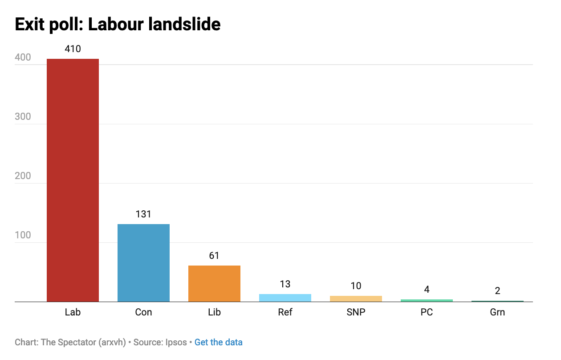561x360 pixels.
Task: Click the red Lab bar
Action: point(73,180)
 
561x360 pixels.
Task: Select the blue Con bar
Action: point(143,263)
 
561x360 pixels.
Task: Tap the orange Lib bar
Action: point(214,283)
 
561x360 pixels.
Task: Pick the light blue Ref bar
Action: point(285,298)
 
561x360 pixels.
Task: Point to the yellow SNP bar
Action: point(356,299)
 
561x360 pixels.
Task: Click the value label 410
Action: point(73,49)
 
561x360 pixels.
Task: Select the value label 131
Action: point(143,214)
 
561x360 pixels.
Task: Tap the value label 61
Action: point(214,256)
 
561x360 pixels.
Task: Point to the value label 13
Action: point(285,284)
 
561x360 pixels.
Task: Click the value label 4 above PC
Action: point(427,290)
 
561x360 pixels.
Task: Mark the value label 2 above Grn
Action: point(497,291)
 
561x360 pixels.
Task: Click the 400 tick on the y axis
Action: point(23,57)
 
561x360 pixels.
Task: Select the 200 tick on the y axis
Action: point(23,176)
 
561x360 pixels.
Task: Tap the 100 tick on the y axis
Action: point(23,235)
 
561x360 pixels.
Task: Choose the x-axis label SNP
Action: point(356,312)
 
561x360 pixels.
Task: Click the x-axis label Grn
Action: point(497,312)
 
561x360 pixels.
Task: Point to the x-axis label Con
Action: point(143,312)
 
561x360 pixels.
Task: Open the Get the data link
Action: point(218,343)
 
